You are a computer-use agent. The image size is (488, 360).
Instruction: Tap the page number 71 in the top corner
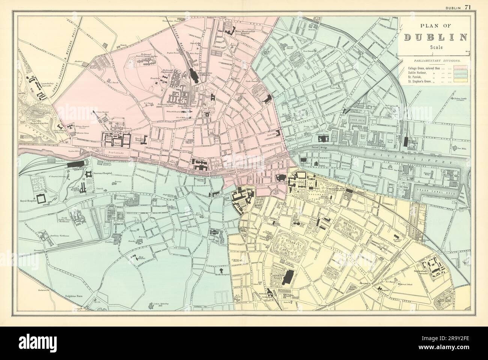pyautogui.click(x=468, y=6)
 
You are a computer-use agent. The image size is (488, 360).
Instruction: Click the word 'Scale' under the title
pyautogui.click(x=435, y=47)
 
